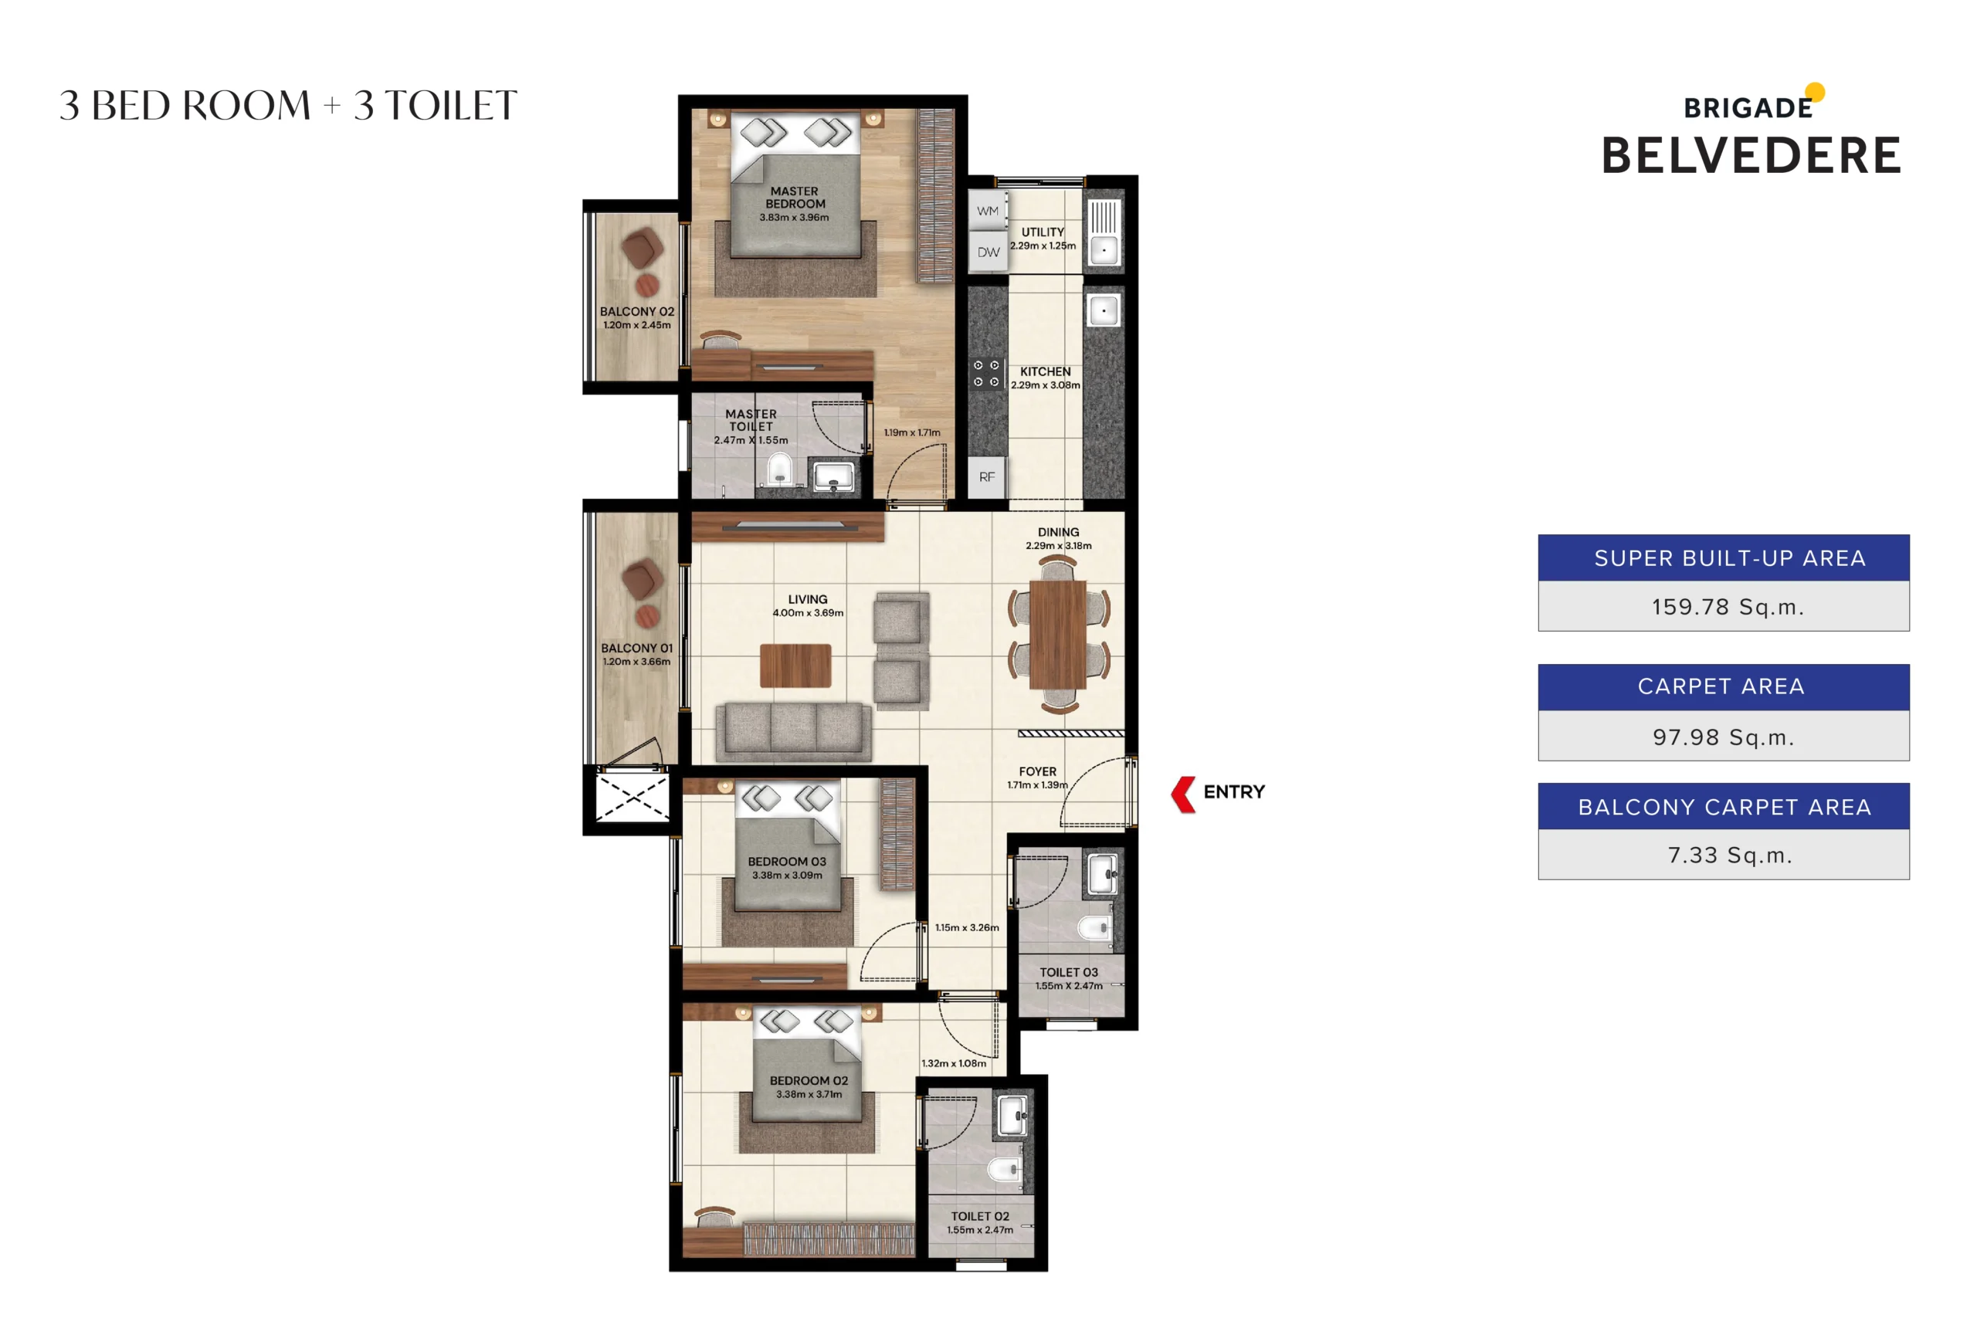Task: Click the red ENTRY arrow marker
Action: click(x=1184, y=795)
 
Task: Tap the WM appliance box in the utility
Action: click(x=988, y=211)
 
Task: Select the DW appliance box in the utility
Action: click(x=988, y=252)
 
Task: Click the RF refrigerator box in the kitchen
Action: click(x=987, y=477)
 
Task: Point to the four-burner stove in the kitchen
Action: click(x=986, y=374)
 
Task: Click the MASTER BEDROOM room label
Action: click(x=795, y=198)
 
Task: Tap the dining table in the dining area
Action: click(x=1058, y=635)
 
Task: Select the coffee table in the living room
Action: click(x=795, y=666)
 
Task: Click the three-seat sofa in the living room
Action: click(x=793, y=730)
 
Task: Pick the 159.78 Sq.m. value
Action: click(x=1727, y=607)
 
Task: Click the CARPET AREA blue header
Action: click(x=1722, y=686)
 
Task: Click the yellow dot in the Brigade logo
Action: click(x=1815, y=92)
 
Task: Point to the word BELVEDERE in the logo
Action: click(x=1751, y=156)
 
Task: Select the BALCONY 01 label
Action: click(x=636, y=648)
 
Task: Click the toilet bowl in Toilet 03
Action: click(x=1094, y=928)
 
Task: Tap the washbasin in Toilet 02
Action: click(x=1012, y=1116)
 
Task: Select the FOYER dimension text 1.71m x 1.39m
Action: click(x=1037, y=785)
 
